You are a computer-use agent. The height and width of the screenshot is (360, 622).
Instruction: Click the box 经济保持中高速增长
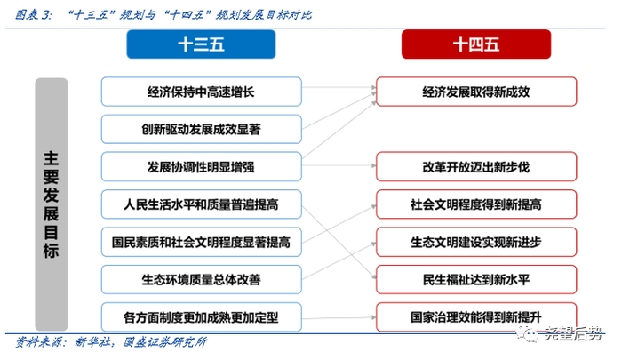click(x=201, y=91)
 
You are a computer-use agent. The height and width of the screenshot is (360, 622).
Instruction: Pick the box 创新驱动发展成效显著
click(x=201, y=129)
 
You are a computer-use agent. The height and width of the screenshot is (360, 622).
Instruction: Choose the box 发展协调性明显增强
click(x=201, y=166)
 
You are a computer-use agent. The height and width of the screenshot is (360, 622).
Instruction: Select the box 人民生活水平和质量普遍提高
click(x=201, y=204)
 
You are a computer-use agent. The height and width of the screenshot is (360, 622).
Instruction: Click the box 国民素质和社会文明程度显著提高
click(x=201, y=241)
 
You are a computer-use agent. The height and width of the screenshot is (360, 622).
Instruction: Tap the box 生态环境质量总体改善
click(x=201, y=278)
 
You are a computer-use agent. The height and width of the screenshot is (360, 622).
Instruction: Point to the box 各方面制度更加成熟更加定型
click(x=201, y=316)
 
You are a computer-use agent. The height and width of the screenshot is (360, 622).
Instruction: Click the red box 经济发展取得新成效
click(x=475, y=91)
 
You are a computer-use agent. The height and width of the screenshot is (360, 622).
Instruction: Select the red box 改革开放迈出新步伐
click(x=475, y=166)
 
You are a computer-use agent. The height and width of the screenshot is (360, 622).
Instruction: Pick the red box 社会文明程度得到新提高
click(x=475, y=204)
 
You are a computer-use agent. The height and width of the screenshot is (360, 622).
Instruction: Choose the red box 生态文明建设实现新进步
click(x=475, y=241)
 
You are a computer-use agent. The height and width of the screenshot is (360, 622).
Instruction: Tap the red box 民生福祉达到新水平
click(x=475, y=278)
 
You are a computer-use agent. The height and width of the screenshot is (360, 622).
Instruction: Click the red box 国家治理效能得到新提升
click(x=475, y=316)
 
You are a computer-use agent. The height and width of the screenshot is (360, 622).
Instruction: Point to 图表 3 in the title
click(x=33, y=14)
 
